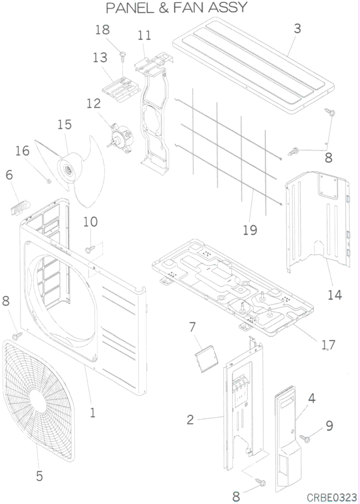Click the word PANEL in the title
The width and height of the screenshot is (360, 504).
pos(132,8)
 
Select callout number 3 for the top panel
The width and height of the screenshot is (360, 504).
pos(297,28)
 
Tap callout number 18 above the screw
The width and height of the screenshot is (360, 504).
pos(102,30)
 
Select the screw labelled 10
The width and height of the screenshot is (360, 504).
pos(88,250)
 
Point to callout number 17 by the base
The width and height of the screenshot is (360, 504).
pos(328,344)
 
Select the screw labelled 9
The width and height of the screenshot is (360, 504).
pos(305,438)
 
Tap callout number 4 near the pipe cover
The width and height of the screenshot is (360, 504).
pos(312,398)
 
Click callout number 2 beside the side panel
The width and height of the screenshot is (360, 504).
pos(190,420)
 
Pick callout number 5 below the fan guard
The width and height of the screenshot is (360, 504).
pos(39,475)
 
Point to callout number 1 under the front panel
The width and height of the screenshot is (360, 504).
pos(92,412)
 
